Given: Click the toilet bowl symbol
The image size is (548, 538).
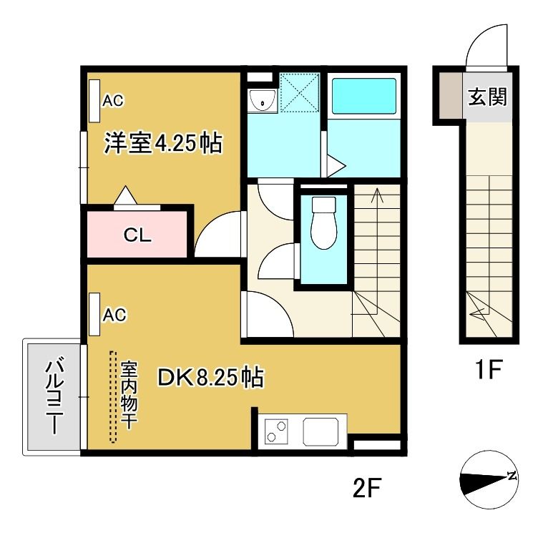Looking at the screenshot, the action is (323, 222).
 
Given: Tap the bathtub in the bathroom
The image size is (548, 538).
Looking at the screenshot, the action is (363, 96).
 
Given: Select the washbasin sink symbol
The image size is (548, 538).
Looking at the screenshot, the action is (263, 101).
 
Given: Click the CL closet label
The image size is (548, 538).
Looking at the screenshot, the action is (137, 235).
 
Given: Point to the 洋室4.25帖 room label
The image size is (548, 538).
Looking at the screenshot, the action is (163, 143).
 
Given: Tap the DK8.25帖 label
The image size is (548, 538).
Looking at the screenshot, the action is (211, 377).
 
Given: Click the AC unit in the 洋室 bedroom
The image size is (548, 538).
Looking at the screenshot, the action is (94, 101).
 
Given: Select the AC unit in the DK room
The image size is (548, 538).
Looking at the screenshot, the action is (94, 315).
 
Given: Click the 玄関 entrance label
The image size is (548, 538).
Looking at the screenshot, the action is (487, 97).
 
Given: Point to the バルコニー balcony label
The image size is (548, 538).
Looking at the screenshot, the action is (55, 396).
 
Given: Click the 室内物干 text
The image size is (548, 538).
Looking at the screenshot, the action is (129, 395).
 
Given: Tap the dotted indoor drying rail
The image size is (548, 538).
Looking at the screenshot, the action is (112, 397).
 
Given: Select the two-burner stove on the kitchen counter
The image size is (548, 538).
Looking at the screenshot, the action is (276, 431).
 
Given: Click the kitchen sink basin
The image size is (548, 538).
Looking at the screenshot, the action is (321, 431).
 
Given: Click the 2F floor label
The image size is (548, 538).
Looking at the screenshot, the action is (366, 487).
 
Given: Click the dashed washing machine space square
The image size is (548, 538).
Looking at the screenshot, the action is (300, 92).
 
